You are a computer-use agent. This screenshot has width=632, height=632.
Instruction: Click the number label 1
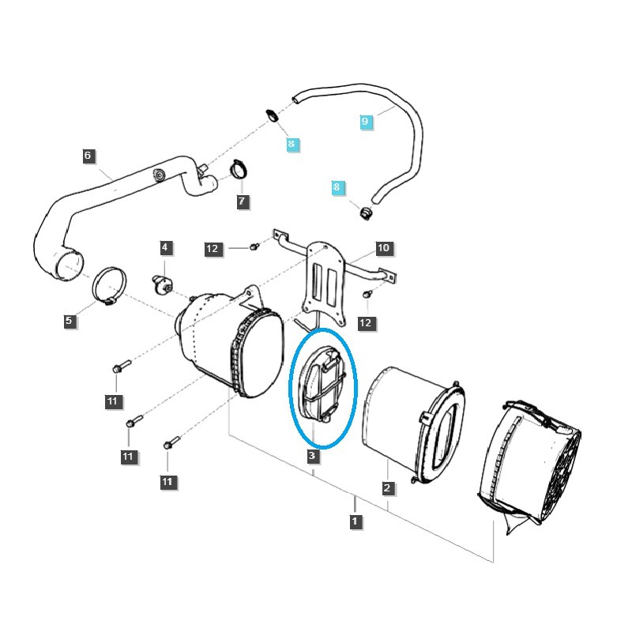tap(355, 521)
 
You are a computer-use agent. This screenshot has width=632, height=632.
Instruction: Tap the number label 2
tap(388, 488)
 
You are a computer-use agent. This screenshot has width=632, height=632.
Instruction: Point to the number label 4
tap(165, 248)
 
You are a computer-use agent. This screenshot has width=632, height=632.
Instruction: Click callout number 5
tap(69, 321)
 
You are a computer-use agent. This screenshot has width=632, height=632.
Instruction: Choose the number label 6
tap(88, 156)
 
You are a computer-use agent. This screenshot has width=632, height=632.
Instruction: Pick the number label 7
tap(242, 201)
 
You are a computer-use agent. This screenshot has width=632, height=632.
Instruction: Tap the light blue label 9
tap(365, 122)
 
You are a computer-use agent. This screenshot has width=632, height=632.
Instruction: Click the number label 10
tap(383, 248)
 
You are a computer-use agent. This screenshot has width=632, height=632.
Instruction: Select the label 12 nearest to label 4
tap(212, 249)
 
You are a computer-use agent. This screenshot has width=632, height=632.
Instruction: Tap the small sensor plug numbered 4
tap(163, 284)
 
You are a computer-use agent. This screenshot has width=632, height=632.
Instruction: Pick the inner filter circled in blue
tap(322, 385)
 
